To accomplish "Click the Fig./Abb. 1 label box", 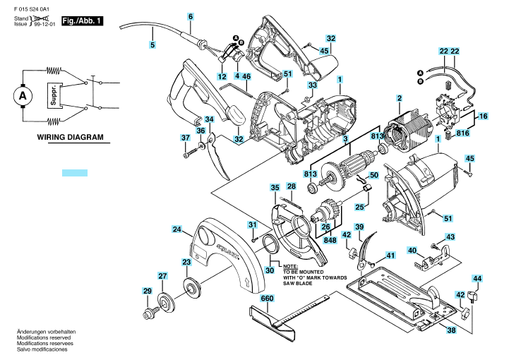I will point(83,22).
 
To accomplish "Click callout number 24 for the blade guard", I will point(178,229).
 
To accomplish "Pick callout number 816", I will point(462,132).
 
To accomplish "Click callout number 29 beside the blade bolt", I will point(147,291).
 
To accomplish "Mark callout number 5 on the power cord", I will point(152,46).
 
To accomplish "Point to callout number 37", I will point(186,137).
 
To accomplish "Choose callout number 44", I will point(477,280).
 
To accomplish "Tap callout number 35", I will point(275,187).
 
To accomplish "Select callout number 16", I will point(484,116).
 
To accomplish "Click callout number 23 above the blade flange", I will point(186,262).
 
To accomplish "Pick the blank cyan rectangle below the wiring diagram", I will point(74,172).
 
